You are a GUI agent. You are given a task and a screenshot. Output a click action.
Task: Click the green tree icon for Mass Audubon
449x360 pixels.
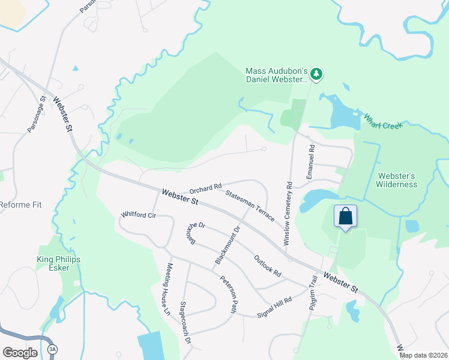317,74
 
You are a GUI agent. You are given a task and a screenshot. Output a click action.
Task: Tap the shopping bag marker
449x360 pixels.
346,216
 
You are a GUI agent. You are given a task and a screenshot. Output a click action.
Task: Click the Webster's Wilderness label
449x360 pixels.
397,180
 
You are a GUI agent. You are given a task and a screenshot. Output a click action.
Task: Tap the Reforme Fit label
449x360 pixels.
20,205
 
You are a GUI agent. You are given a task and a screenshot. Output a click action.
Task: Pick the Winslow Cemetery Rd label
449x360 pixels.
288,213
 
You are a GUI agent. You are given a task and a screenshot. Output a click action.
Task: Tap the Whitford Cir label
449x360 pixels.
139,214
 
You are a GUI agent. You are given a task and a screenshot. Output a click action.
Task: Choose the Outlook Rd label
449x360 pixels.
267,266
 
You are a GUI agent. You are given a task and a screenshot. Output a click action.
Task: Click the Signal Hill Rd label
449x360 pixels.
274,307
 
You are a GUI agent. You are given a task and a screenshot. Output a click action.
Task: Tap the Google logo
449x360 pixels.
20,352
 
